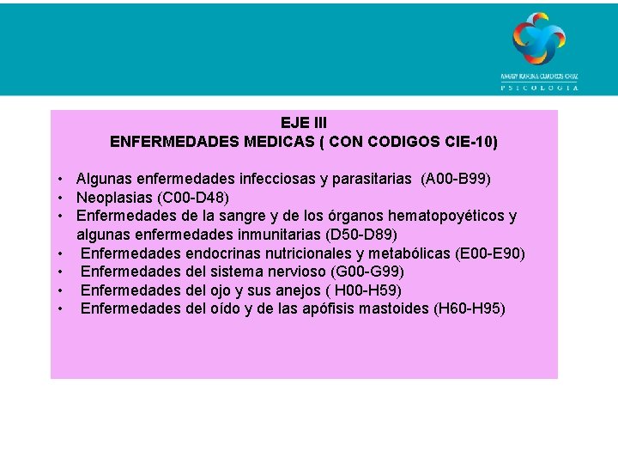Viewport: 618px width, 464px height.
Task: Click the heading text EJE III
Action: point(304,123)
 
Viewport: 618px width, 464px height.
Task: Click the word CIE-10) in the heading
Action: point(469,141)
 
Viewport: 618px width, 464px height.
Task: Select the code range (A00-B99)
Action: point(456,179)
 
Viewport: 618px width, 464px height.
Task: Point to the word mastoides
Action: point(388,308)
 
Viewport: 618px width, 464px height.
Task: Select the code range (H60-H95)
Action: point(470,308)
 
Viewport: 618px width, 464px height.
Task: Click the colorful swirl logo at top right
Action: point(539,38)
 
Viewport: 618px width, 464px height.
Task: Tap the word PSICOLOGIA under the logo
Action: point(539,87)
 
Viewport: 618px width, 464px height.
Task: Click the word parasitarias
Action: point(372,179)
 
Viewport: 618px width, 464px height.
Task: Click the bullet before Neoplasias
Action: point(63,197)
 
